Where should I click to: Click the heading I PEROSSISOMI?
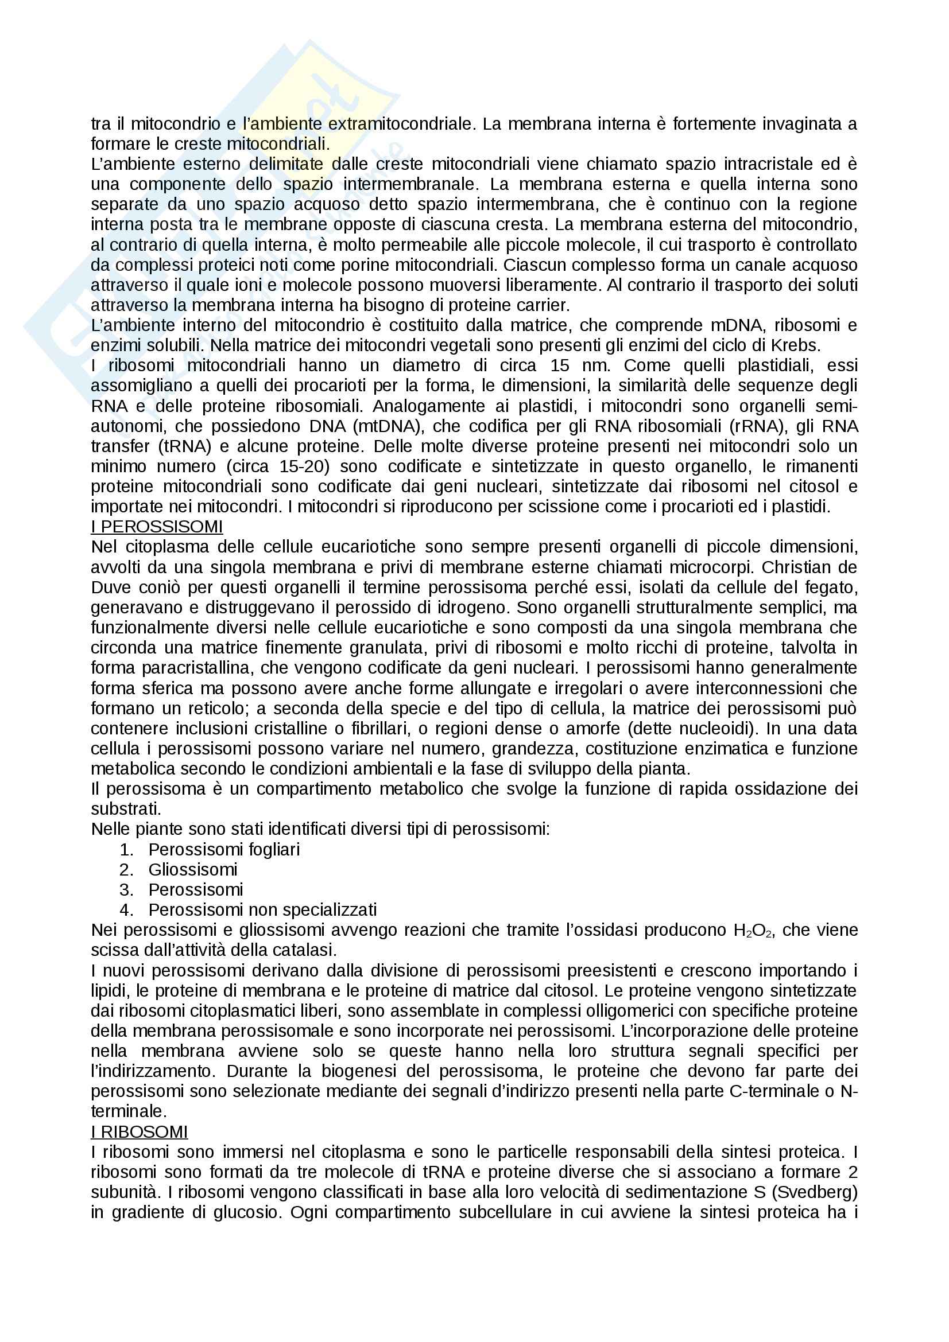(x=157, y=527)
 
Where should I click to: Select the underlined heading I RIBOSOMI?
(x=139, y=1132)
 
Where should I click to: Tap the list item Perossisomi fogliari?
(x=224, y=849)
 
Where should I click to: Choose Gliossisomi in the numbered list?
(x=193, y=870)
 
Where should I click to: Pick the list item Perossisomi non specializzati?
(x=262, y=910)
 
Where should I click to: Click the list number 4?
(x=126, y=910)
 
